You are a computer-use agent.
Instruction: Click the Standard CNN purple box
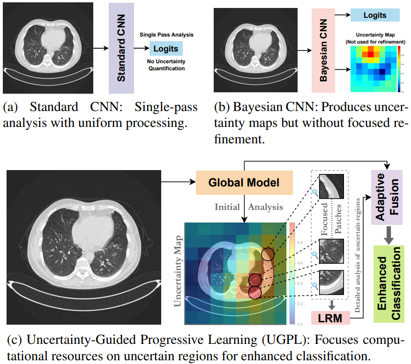pos(121,48)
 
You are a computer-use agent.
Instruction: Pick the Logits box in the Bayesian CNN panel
pos(375,15)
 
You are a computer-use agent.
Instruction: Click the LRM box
pos(331,319)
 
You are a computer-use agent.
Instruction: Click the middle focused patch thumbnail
pos(331,251)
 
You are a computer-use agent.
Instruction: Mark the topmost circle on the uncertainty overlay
pos(268,254)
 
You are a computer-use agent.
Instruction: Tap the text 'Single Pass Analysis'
pos(166,35)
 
